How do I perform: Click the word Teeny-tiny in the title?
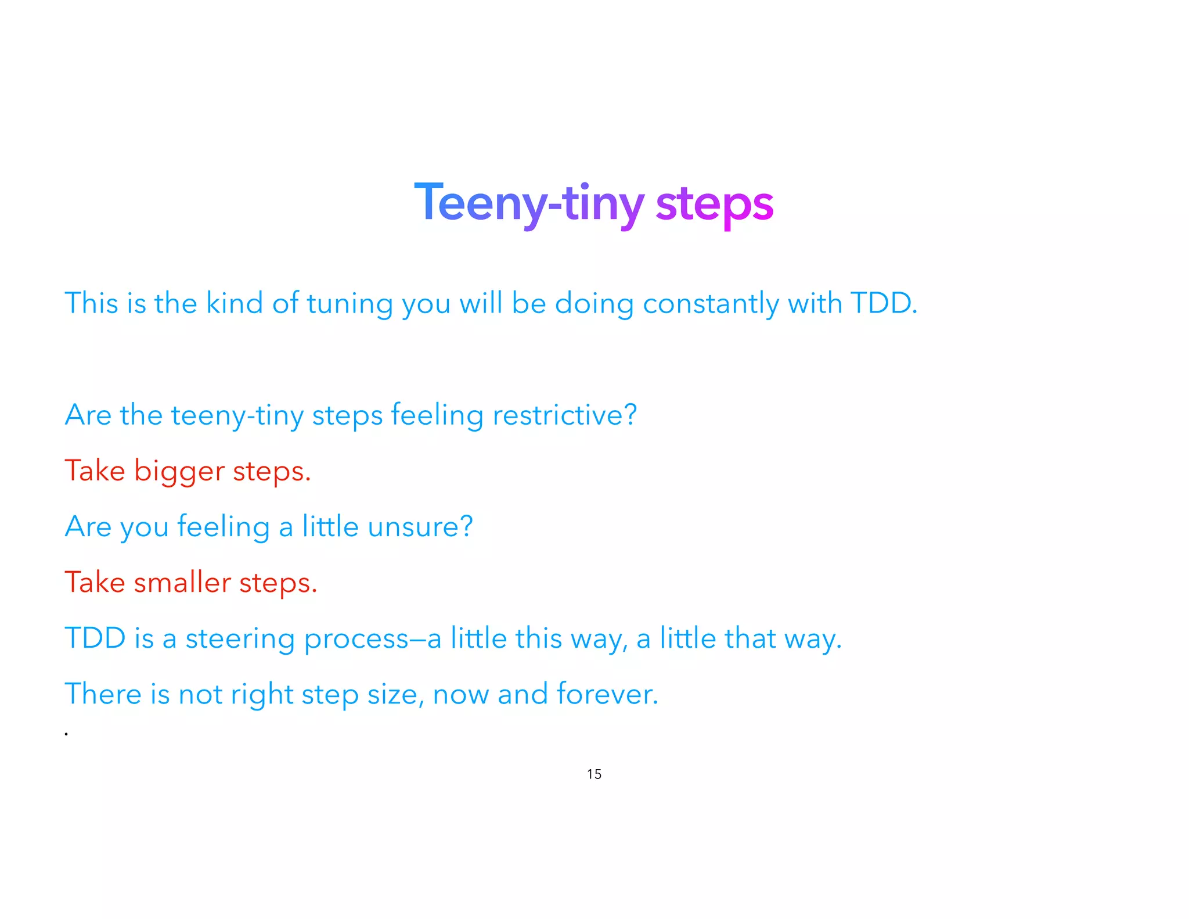528,203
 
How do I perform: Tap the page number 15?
594,774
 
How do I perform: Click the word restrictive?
564,415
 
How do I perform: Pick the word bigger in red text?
179,472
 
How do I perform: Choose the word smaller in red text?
182,582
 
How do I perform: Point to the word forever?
607,694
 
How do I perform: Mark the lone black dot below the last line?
67,734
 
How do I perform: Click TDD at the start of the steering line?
95,638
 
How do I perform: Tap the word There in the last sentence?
103,694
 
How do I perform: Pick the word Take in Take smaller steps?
95,582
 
